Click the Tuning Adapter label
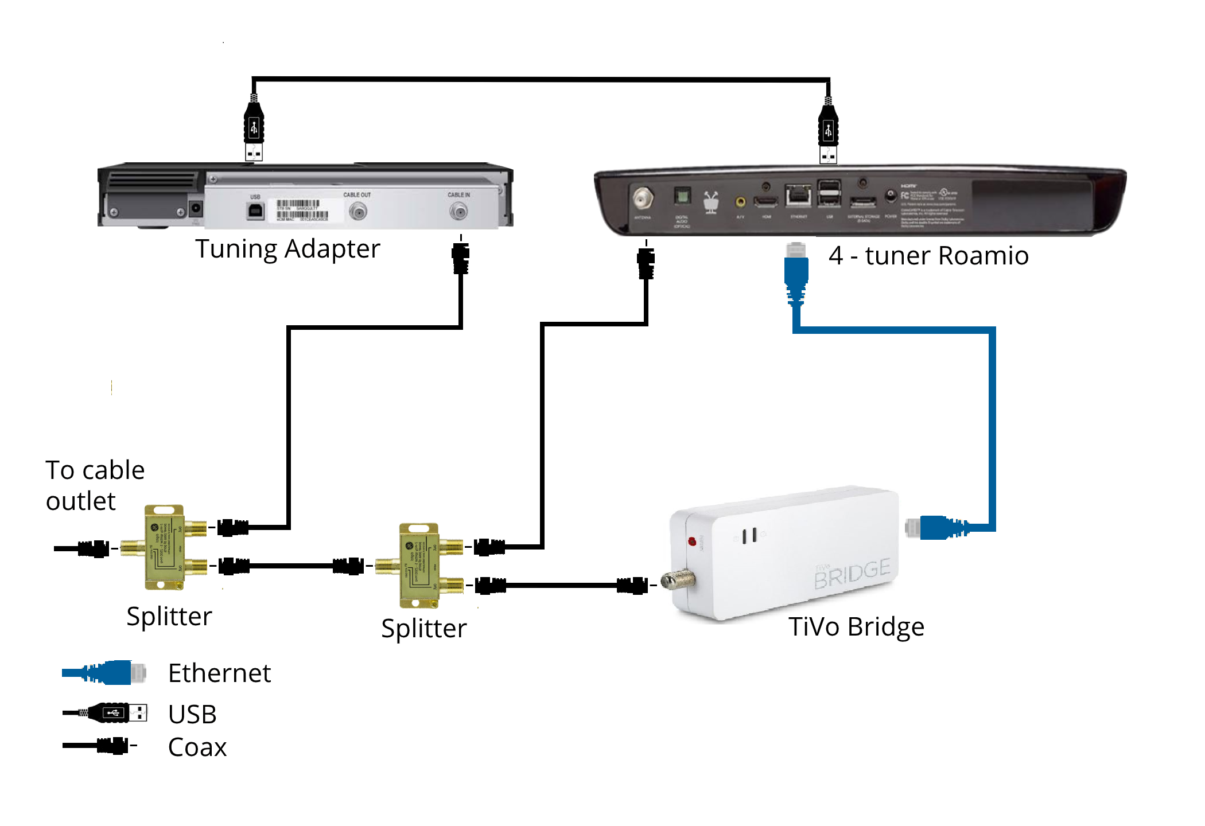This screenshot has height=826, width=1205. click(x=287, y=250)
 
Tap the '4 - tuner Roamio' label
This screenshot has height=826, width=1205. click(x=928, y=256)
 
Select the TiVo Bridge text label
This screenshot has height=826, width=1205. click(x=856, y=627)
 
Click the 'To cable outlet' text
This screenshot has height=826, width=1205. click(x=95, y=485)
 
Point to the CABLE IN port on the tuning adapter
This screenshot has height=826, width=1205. click(x=458, y=212)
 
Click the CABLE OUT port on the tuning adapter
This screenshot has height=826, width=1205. click(x=358, y=212)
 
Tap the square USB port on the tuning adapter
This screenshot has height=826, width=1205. click(x=255, y=211)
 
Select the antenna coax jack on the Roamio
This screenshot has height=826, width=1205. click(x=643, y=199)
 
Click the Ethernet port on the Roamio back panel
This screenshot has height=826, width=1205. click(x=798, y=196)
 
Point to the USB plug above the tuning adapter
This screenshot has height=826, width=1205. click(x=254, y=130)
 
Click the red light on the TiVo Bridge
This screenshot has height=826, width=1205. click(x=692, y=541)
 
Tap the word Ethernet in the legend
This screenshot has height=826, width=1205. click(x=219, y=673)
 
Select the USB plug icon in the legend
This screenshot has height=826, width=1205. click(x=115, y=713)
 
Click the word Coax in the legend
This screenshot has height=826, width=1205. click(x=197, y=747)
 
